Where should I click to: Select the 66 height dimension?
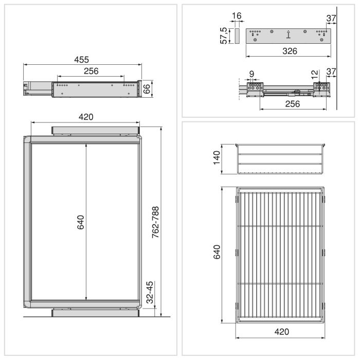pos(147,88)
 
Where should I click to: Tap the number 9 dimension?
pos(251,75)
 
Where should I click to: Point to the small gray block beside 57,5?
pos(237,36)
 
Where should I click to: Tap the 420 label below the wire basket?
pos(281,332)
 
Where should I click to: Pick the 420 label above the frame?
pos(86,117)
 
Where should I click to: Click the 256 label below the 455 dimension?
pos(91,70)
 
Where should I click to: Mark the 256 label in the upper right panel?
pos(293,103)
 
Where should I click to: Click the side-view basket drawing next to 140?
pos(281,160)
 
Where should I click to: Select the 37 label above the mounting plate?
pos(332,19)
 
